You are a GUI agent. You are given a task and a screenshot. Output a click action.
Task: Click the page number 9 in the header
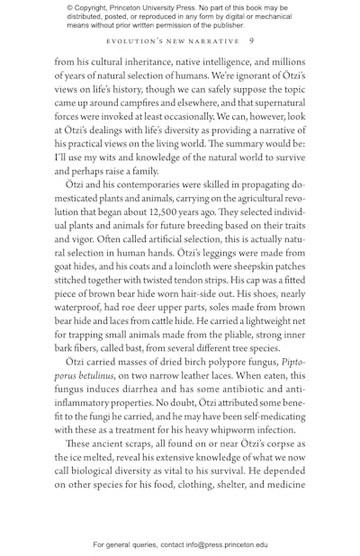(251, 40)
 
